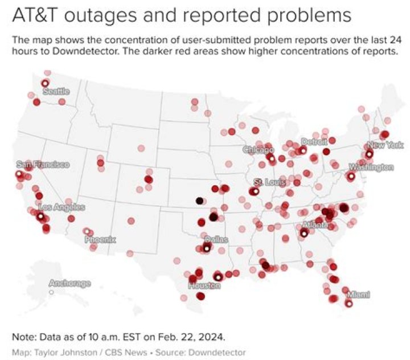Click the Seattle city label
click(56, 92)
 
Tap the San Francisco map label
click(43, 165)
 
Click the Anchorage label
click(69, 283)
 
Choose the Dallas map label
click(216, 240)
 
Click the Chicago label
click(259, 150)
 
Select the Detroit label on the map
click(314, 142)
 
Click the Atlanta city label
click(314, 225)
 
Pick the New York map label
click(385, 145)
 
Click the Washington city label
click(371, 167)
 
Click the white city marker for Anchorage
click(51, 292)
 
